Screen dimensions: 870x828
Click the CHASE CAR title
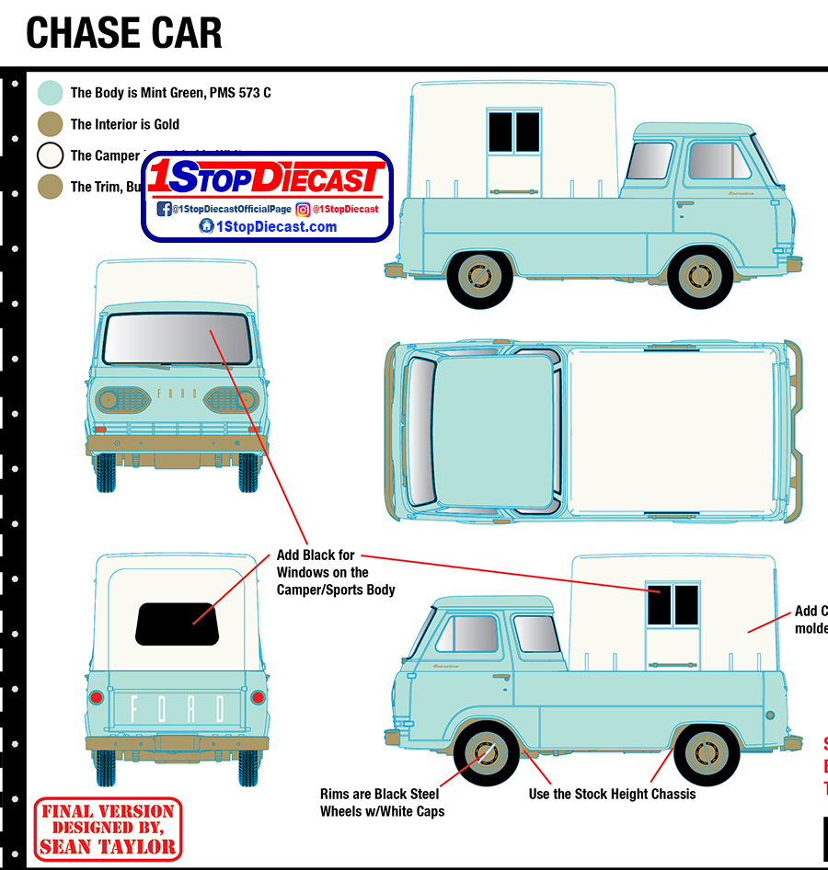tap(124, 32)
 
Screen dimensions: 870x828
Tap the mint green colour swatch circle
tap(51, 93)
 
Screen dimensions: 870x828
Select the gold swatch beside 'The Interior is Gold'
tap(51, 124)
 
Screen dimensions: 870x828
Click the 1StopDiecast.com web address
tap(268, 227)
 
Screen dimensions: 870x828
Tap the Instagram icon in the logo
tap(303, 209)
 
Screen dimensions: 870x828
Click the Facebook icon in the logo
tap(164, 209)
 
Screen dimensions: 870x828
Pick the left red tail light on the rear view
tap(96, 698)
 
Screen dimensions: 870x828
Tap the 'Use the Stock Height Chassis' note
tap(612, 794)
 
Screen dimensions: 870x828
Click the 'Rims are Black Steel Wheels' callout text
tap(379, 802)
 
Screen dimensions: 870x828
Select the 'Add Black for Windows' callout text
tap(335, 572)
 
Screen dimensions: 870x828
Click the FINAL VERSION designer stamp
tap(108, 829)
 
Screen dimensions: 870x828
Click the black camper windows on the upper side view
tap(513, 131)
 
